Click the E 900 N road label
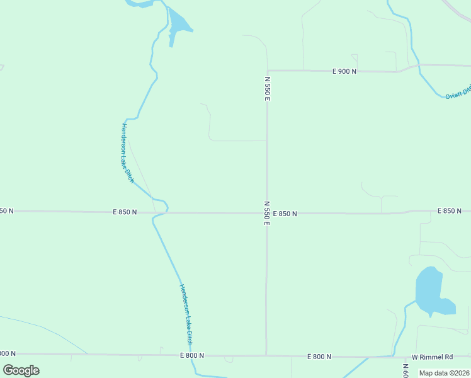[344, 71]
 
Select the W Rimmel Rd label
[433, 357]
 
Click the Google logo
[21, 370]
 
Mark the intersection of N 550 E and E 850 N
[266, 213]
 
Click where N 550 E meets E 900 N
[267, 71]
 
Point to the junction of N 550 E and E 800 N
[266, 355]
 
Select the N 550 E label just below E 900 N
[267, 89]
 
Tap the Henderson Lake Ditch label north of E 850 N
[128, 153]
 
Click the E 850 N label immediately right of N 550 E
[285, 214]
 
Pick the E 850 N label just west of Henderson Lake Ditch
[125, 212]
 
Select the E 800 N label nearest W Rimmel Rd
[319, 357]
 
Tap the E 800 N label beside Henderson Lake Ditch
[191, 355]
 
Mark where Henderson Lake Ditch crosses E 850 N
[161, 213]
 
